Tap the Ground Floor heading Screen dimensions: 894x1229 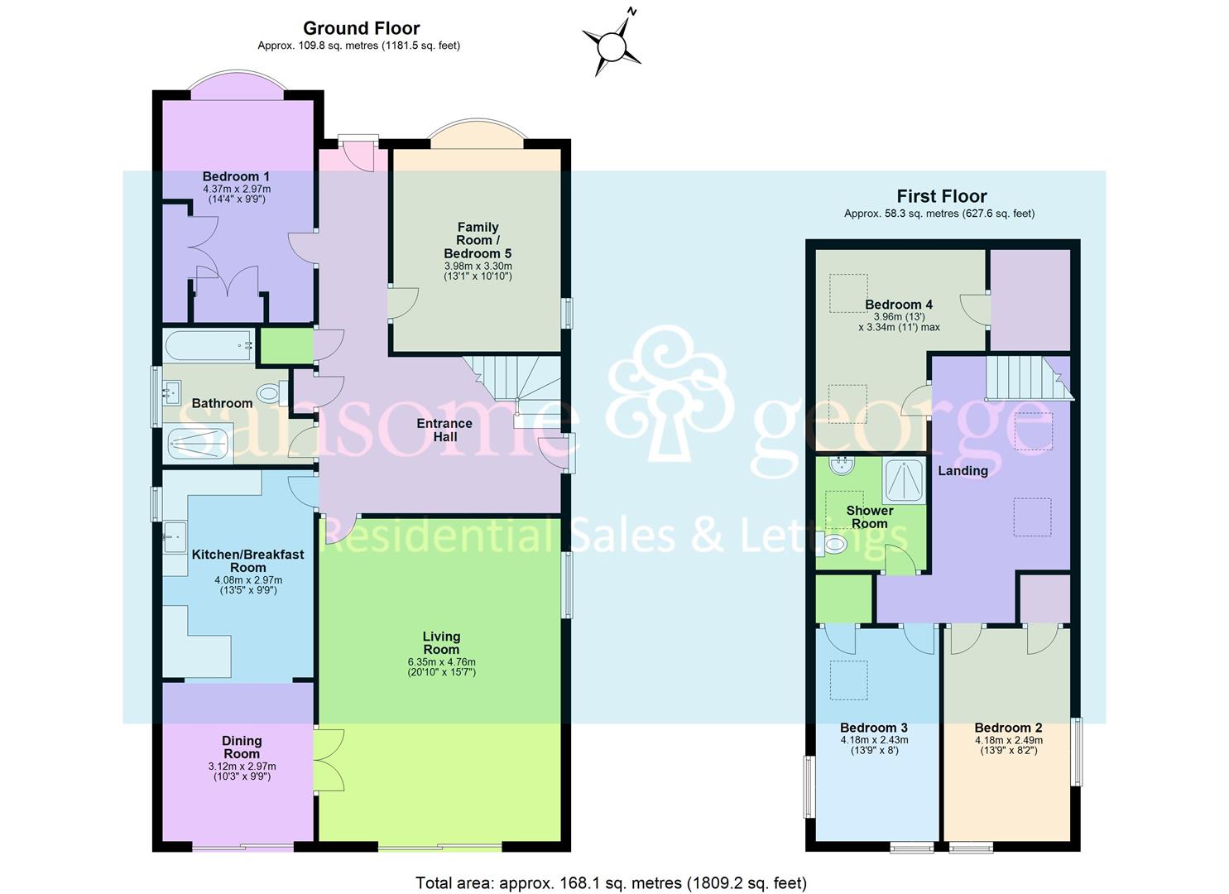(361, 28)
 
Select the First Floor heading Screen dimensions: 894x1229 (942, 196)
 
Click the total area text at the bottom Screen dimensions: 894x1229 (611, 882)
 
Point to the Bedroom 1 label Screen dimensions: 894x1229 (236, 176)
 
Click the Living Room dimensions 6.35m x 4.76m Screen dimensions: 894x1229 (441, 661)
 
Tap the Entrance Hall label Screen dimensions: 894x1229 (444, 430)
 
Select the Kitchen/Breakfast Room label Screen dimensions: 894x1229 (247, 560)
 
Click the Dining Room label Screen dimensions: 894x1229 (241, 747)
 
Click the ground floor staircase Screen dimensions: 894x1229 (513, 385)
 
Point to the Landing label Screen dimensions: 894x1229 (963, 470)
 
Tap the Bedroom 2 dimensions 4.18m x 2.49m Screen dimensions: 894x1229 (1008, 740)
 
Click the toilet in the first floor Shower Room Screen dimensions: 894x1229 (833, 544)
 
